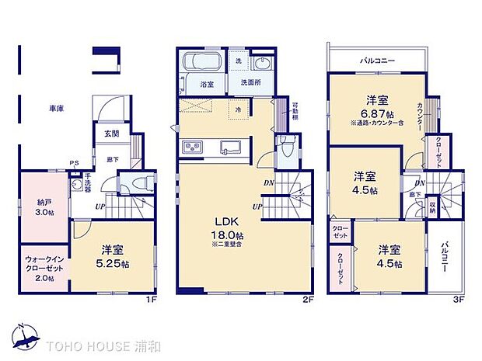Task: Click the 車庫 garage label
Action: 54,109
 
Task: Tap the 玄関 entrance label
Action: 110,133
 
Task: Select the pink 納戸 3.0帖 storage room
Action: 44,207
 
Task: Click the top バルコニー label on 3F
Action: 376,59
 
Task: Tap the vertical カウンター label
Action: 420,117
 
